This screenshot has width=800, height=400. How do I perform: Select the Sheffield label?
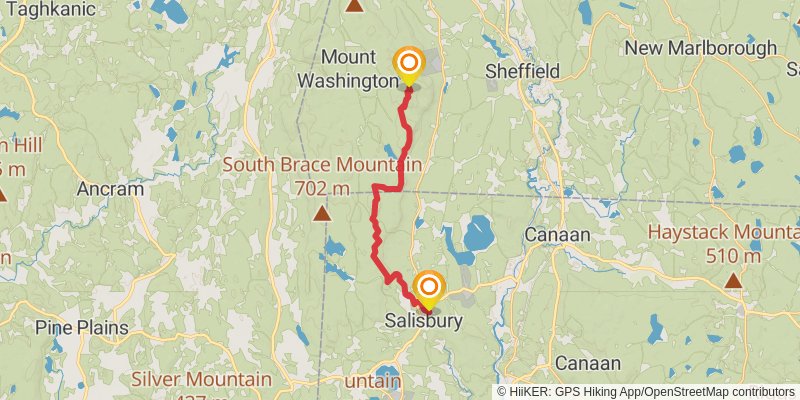click(x=521, y=71)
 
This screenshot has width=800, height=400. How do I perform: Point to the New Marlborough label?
click(x=700, y=48)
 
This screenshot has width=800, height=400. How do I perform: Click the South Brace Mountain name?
click(x=322, y=165)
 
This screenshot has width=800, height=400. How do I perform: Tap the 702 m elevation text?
click(x=322, y=187)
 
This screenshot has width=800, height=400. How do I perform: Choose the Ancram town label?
click(x=110, y=188)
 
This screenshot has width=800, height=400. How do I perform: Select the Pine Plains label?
click(x=81, y=327)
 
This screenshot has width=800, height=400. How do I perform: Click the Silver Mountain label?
click(x=202, y=380)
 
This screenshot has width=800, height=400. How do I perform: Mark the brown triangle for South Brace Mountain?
click(x=322, y=213)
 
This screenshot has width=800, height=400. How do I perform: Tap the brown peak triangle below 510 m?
click(x=733, y=281)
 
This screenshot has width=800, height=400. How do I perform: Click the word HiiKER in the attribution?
click(x=530, y=391)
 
